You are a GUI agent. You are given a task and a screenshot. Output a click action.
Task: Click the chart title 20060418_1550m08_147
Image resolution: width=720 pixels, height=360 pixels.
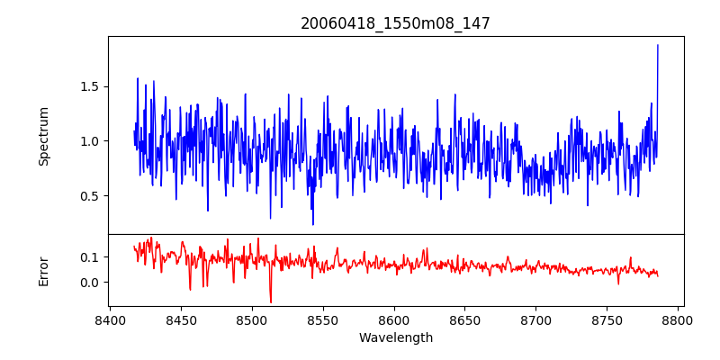pyautogui.click(x=395, y=23)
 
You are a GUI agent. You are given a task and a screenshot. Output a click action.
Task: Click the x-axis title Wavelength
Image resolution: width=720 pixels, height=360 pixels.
pyautogui.click(x=395, y=338)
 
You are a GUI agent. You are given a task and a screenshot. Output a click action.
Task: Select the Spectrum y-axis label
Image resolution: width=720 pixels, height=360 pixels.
pyautogui.click(x=44, y=136)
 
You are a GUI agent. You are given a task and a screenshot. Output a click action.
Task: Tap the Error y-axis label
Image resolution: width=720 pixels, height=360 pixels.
pyautogui.click(x=44, y=271)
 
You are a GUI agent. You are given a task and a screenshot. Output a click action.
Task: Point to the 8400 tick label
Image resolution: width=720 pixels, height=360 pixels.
pyautogui.click(x=110, y=319)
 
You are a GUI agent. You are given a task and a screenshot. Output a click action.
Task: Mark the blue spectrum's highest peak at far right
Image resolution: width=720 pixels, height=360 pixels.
pyautogui.click(x=658, y=45)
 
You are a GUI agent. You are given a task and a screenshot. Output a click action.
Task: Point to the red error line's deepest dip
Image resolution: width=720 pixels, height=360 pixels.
pyautogui.click(x=271, y=302)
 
